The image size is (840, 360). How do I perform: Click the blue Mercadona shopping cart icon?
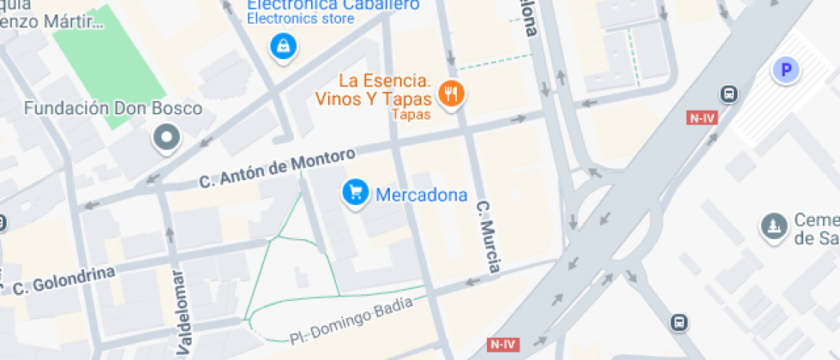click(x=356, y=193)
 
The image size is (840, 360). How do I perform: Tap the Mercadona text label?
click(x=422, y=195)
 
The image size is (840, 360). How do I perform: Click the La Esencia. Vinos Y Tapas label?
click(x=384, y=90)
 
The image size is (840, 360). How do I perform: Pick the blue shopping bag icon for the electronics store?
click(x=281, y=46)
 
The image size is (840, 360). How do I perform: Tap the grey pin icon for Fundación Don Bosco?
click(x=165, y=137)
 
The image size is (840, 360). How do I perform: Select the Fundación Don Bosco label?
click(x=113, y=109)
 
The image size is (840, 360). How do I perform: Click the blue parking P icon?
click(x=785, y=69)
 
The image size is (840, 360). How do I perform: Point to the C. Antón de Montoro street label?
click(x=277, y=169)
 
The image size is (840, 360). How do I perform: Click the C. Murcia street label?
click(x=488, y=237)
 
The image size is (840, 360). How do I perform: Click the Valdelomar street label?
click(x=181, y=313)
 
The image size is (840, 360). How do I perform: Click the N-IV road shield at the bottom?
click(x=504, y=344)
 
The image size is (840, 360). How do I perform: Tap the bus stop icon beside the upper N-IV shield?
click(x=729, y=94)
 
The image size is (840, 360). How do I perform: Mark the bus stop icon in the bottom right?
click(x=679, y=322)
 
